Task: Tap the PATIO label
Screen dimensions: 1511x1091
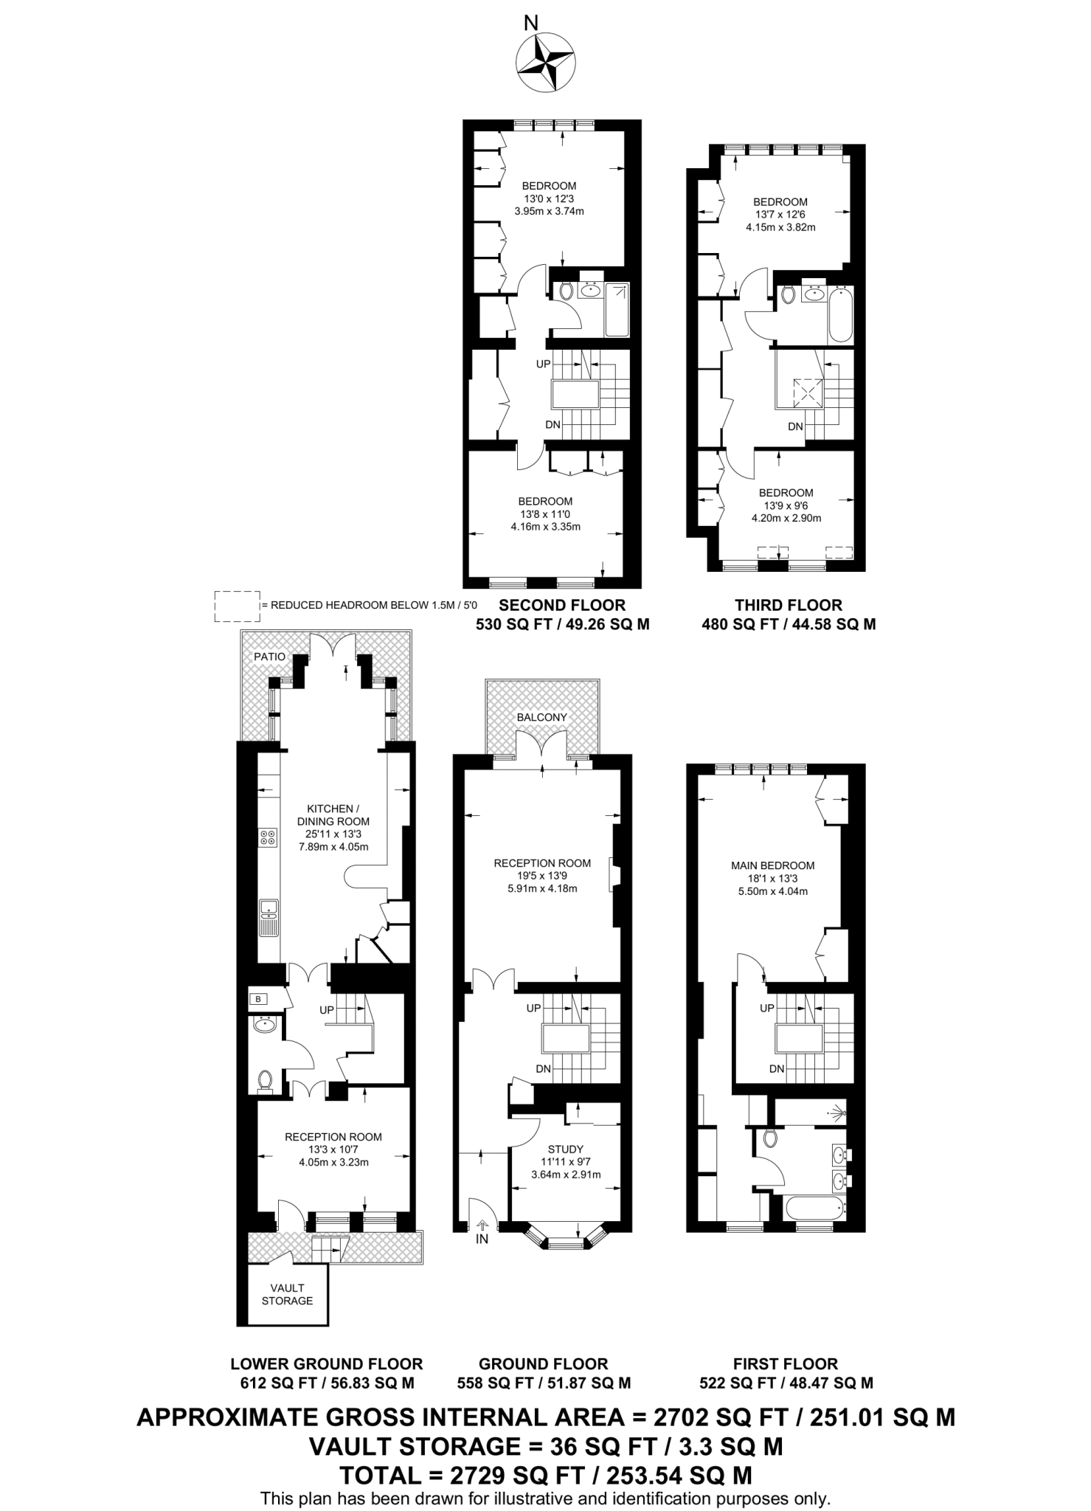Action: pyautogui.click(x=269, y=656)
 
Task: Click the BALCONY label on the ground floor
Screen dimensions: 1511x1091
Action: pyautogui.click(x=541, y=716)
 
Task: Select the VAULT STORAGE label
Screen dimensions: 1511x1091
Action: pyautogui.click(x=287, y=1294)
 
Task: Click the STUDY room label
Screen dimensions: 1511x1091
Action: pyautogui.click(x=566, y=1149)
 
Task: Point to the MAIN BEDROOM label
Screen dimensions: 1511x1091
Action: pyautogui.click(x=772, y=865)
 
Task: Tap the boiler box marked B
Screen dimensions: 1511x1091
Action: pyautogui.click(x=258, y=1000)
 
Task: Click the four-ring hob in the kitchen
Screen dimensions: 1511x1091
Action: pyautogui.click(x=268, y=837)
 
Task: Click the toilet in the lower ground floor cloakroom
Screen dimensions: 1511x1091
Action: pyautogui.click(x=266, y=1080)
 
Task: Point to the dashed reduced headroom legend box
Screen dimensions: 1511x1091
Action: pyautogui.click(x=237, y=606)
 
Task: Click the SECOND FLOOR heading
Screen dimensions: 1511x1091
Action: pyautogui.click(x=562, y=605)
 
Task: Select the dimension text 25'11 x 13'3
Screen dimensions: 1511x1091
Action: pyautogui.click(x=333, y=834)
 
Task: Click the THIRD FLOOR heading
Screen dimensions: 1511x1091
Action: pyautogui.click(x=788, y=605)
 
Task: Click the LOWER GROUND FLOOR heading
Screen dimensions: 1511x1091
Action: pyautogui.click(x=326, y=1364)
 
